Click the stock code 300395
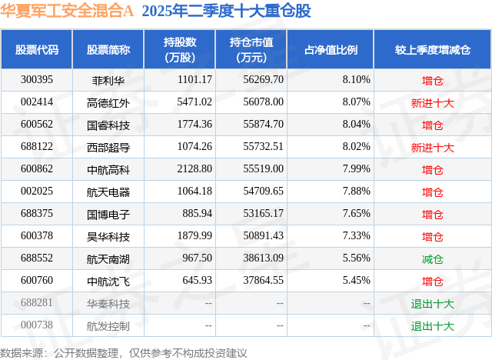(37, 79)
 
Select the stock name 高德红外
(108, 102)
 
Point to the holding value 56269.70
(262, 79)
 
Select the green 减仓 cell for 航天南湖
(433, 258)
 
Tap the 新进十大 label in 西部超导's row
(433, 147)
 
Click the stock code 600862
(37, 169)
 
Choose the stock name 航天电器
(108, 192)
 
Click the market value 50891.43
(262, 236)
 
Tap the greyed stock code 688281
(37, 303)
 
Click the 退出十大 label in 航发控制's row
(433, 325)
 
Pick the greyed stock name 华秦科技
(108, 303)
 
